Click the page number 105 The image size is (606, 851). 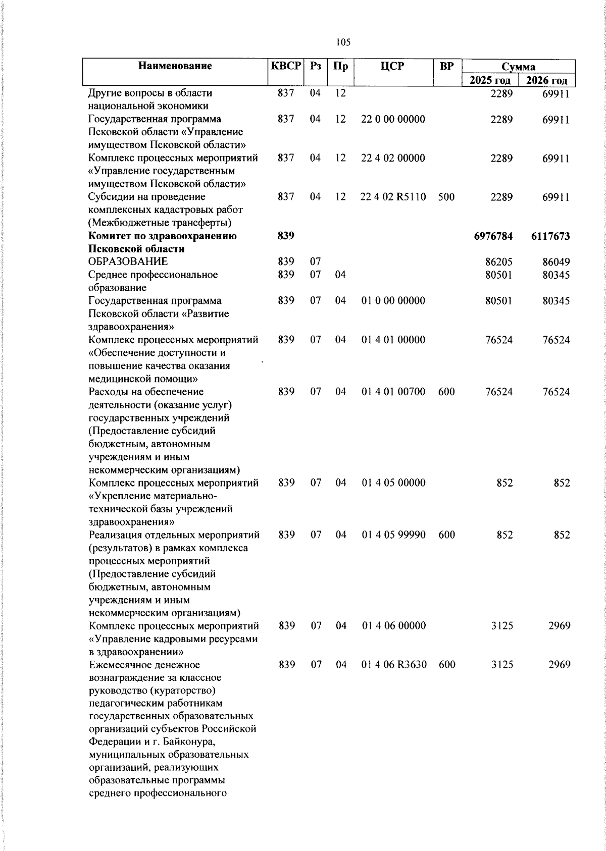coord(343,42)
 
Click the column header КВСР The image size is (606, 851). coord(286,66)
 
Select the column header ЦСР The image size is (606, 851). coord(393,66)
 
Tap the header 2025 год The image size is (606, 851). coord(490,80)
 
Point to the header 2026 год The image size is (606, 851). coord(547,80)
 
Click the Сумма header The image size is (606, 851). coord(519,67)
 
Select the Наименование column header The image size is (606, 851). coord(175,66)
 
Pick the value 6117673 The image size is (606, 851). coord(550,236)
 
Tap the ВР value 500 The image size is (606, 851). coord(446,197)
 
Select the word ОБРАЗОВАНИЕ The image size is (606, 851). coord(128,261)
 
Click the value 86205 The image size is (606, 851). coord(498,262)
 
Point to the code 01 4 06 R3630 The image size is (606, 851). coord(394,665)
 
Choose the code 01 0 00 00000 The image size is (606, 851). coord(393,301)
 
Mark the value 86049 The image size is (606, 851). coord(556,262)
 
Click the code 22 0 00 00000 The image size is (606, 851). coord(393,119)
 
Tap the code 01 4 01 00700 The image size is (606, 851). coord(393,392)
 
